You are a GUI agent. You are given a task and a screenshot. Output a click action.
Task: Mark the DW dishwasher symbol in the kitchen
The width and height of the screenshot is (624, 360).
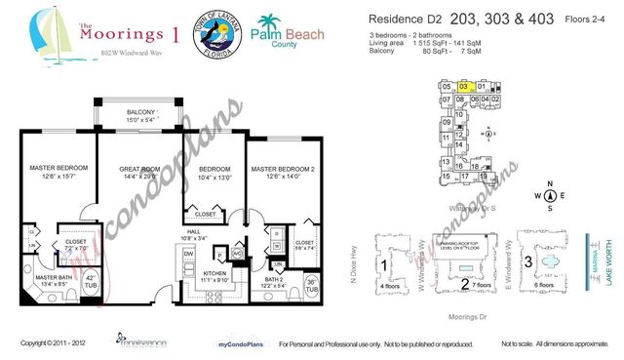pos(188,252)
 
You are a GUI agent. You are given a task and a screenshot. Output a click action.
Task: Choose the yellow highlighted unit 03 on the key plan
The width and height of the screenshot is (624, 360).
pos(464,87)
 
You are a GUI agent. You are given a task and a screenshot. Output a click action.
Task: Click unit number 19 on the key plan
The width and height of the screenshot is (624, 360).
pos(482,177)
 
